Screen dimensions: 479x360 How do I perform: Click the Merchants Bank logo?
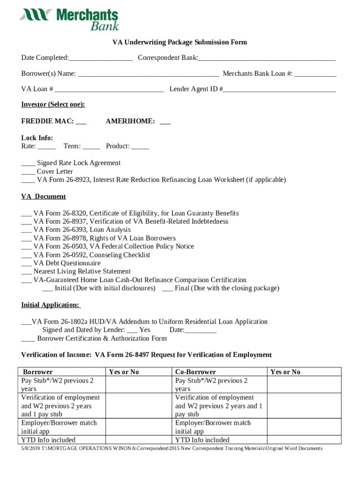[69, 19]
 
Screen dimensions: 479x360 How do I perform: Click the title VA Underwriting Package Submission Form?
[180, 43]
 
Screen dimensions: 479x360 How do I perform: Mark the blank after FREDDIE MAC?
[81, 122]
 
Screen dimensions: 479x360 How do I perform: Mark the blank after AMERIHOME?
[165, 122]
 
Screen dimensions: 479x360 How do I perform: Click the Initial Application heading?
[50, 305]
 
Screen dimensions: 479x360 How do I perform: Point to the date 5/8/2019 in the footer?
[31, 449]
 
